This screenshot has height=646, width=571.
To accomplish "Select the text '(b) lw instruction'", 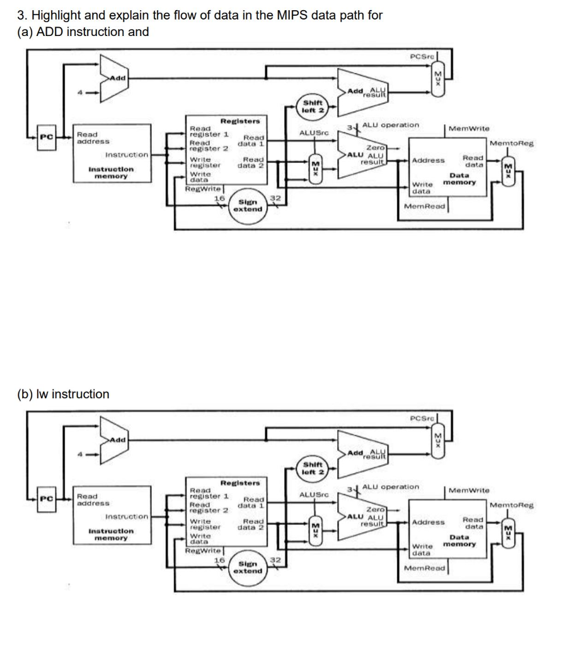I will tap(62, 394).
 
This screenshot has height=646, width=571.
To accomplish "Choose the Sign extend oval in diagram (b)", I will tap(247, 567).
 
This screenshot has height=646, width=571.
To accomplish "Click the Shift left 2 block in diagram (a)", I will tap(313, 107).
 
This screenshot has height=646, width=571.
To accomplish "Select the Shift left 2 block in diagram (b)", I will tap(313, 468).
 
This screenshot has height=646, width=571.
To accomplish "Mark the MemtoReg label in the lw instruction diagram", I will tap(511, 505).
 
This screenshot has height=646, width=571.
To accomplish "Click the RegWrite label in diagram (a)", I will tap(202, 189).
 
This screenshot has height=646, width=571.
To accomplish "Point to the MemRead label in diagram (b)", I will tap(425, 568).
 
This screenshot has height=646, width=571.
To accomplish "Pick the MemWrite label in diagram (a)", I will tap(470, 128).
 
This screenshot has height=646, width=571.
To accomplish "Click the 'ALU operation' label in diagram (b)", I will tap(390, 486).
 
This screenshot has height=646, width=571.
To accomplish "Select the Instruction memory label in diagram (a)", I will tap(111, 173).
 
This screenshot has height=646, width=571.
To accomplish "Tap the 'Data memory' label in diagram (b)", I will tap(459, 541).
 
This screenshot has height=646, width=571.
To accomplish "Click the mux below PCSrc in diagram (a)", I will tap(439, 79).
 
